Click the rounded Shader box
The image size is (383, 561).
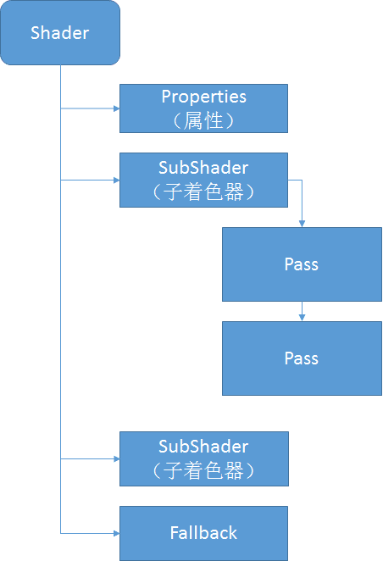[x=59, y=33]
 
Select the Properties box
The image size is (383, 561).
[x=203, y=108]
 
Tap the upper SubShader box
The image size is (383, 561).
[x=203, y=180]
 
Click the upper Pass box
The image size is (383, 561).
[x=302, y=264]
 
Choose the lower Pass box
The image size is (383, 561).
[x=302, y=358]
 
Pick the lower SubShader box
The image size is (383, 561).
[x=203, y=458]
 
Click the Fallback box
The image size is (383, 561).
[x=203, y=533]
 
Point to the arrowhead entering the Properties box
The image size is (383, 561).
[x=115, y=108]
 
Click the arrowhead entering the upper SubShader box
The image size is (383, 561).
[x=115, y=180]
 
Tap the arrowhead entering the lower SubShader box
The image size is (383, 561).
[x=115, y=458]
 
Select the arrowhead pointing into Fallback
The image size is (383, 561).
[x=115, y=533]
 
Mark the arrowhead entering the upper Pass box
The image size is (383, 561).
[x=303, y=224]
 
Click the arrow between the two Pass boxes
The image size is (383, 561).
[x=303, y=312]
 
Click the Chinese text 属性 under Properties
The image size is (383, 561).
[x=204, y=120]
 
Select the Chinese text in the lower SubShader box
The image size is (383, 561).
[x=203, y=470]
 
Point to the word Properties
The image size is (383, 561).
[x=203, y=97]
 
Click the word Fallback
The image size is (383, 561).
[x=203, y=533]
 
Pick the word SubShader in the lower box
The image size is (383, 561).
[x=203, y=447]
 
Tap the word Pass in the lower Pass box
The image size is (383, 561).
[x=302, y=358]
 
